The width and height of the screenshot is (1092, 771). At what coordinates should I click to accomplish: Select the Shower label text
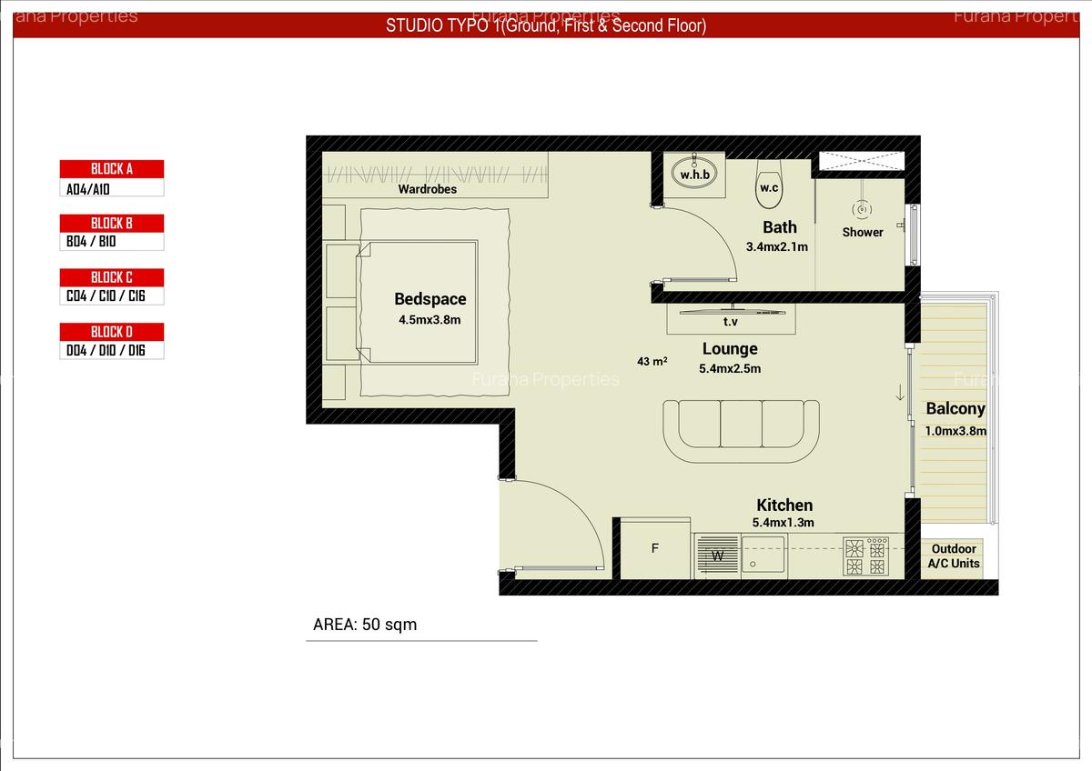(x=863, y=232)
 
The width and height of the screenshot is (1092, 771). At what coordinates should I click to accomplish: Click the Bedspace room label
(x=430, y=299)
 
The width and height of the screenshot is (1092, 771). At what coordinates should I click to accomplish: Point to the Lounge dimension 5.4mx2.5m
(x=730, y=368)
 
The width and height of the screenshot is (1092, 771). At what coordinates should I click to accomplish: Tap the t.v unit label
(x=730, y=322)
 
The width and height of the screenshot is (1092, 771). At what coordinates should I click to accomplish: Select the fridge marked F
(x=654, y=548)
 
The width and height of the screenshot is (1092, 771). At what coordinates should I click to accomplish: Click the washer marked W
(x=717, y=556)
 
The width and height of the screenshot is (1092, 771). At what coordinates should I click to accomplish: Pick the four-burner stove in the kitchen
(x=865, y=556)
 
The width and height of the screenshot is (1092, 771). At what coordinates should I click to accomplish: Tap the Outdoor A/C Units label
(x=954, y=556)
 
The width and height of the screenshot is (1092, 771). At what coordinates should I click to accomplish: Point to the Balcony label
(x=955, y=409)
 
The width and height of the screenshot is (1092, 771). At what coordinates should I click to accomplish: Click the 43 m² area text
(x=652, y=361)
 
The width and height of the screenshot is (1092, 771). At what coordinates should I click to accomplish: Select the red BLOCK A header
(x=112, y=169)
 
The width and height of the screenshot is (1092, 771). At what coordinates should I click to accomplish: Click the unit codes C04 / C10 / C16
(x=106, y=296)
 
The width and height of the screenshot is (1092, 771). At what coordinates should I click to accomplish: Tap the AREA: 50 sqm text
(x=365, y=625)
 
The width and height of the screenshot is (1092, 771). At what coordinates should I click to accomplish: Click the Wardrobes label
(x=427, y=189)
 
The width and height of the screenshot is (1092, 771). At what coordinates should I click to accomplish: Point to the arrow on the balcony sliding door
(x=900, y=394)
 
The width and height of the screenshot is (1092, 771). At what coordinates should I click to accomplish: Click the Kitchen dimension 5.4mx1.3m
(x=783, y=523)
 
